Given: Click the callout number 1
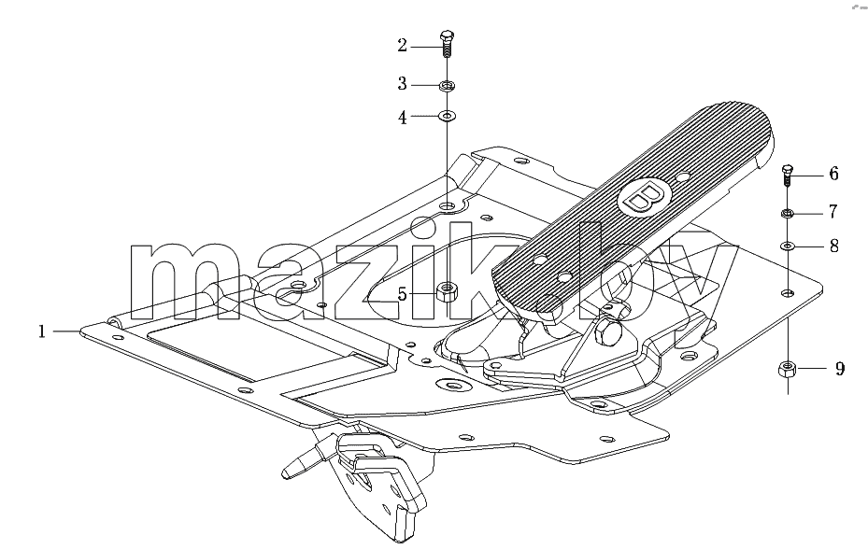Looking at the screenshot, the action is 41,331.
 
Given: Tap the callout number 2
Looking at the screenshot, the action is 403,46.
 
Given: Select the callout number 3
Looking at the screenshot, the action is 403,84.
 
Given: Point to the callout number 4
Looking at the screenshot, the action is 403,118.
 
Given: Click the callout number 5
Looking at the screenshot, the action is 403,294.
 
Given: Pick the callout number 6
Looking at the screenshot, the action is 834,174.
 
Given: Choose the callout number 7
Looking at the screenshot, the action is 833,211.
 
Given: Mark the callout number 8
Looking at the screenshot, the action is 834,246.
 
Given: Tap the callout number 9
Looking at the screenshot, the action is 840,369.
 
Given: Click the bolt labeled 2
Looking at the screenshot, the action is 447,44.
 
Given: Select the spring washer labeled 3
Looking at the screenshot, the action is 447,86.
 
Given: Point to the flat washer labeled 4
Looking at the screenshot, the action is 447,116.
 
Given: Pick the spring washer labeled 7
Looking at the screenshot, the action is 788,213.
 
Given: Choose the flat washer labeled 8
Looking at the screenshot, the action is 788,246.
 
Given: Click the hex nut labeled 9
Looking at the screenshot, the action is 787,369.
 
